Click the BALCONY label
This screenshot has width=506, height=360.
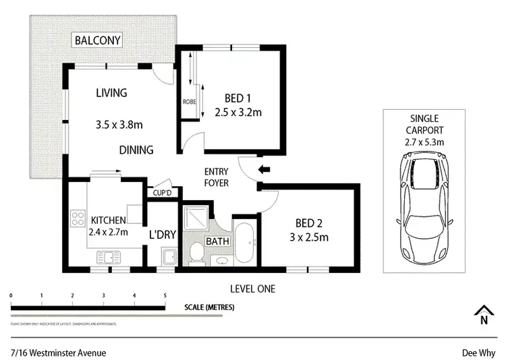click(99, 40)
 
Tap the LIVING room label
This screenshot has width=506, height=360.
click(111, 93)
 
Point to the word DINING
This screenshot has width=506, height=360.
click(137, 150)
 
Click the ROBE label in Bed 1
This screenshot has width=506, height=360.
click(189, 102)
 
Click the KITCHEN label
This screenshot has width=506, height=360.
click(109, 220)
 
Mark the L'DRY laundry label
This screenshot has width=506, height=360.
click(162, 235)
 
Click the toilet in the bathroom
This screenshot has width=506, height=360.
click(197, 253)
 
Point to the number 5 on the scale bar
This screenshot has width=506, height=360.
click(165, 296)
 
